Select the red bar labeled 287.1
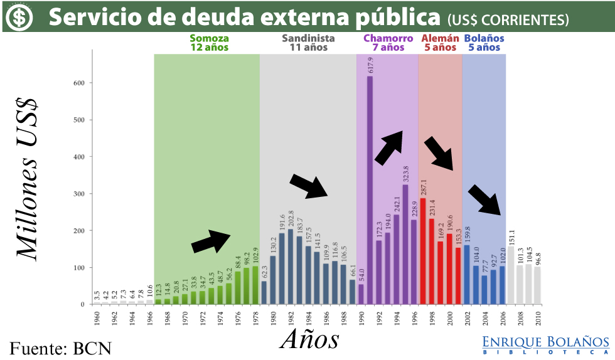pos(422,251)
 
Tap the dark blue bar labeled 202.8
pos(291,267)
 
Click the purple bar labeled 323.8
pos(405,245)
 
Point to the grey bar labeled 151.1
pos(510,276)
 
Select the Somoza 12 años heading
pos(209,43)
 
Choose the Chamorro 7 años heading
pos(388,43)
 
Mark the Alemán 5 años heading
pos(439,43)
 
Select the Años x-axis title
pos(309,339)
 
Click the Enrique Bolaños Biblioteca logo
pos(545,345)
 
